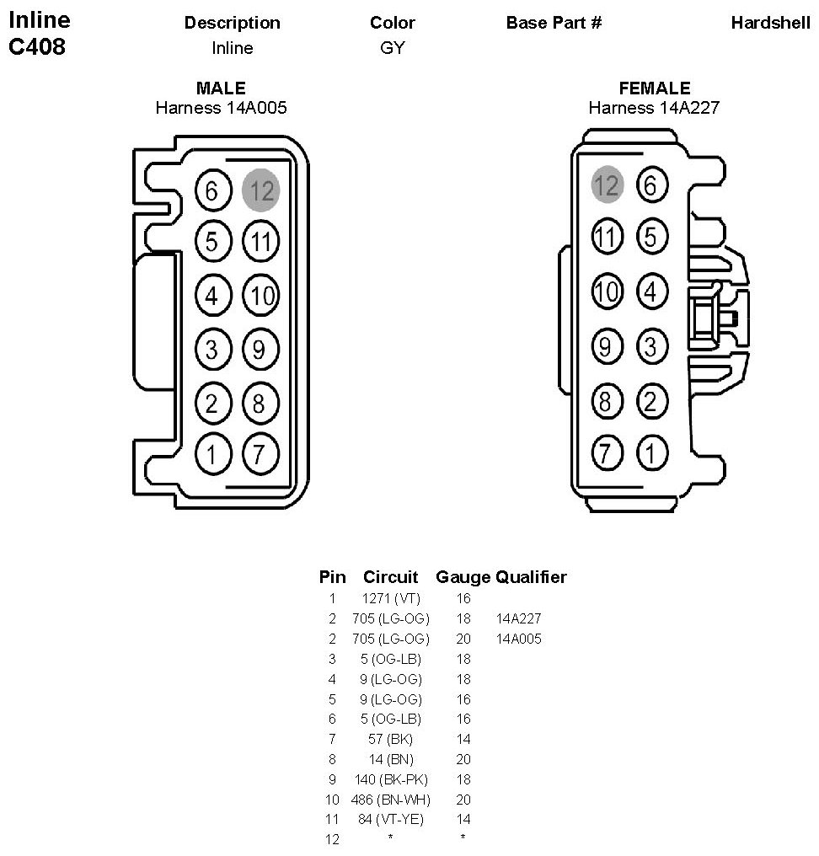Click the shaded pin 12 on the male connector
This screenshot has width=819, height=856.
pyautogui.click(x=260, y=190)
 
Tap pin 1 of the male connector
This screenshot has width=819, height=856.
pyautogui.click(x=211, y=455)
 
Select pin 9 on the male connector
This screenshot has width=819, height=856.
pyautogui.click(x=260, y=347)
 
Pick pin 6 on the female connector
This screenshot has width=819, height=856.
pyautogui.click(x=651, y=185)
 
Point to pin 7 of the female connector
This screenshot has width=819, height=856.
pyautogui.click(x=606, y=452)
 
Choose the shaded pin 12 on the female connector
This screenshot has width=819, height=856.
pyautogui.click(x=607, y=185)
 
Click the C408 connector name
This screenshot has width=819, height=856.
pyautogui.click(x=37, y=47)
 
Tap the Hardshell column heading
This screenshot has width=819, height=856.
pyautogui.click(x=770, y=23)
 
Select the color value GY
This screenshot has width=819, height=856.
pyautogui.click(x=392, y=48)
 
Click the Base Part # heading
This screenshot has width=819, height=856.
pyautogui.click(x=554, y=23)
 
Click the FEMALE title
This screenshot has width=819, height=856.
pyautogui.click(x=654, y=88)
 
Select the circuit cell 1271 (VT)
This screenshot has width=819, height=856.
pyautogui.click(x=390, y=598)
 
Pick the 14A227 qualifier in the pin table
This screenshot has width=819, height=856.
pyautogui.click(x=518, y=618)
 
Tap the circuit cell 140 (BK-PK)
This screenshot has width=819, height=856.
pyautogui.click(x=390, y=779)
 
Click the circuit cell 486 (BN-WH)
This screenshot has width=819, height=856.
pyautogui.click(x=390, y=800)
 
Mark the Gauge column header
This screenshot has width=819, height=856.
pyautogui.click(x=463, y=577)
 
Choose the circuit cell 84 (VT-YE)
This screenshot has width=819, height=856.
pyautogui.click(x=390, y=819)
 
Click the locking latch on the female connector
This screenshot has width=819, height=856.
pyautogui.click(x=715, y=318)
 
